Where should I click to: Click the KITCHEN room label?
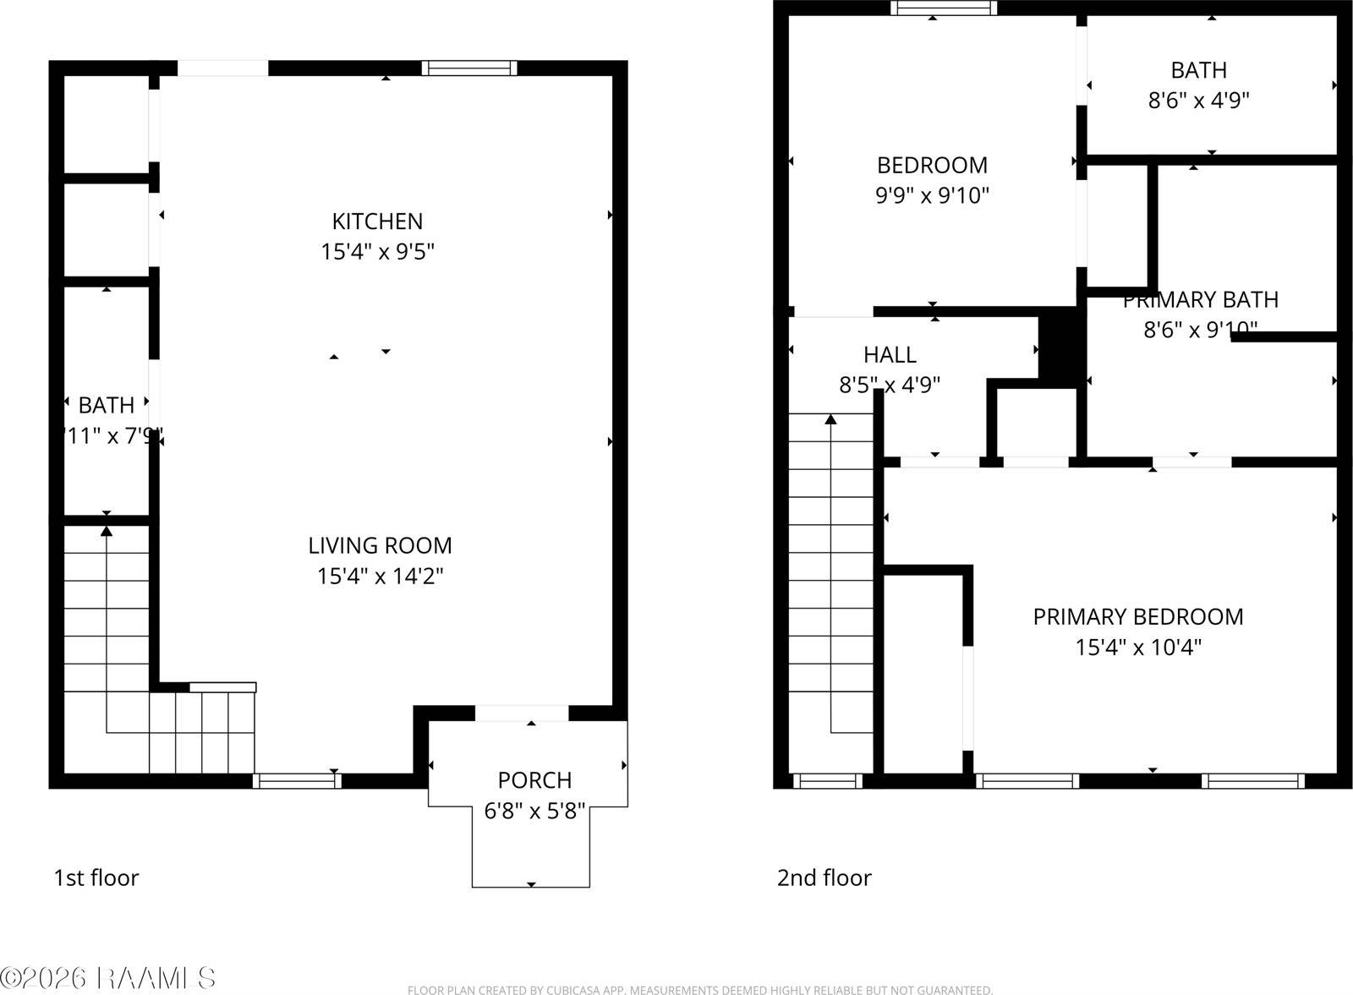pos(377,221)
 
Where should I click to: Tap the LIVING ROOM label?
pos(380,545)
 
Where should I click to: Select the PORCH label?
pos(534,779)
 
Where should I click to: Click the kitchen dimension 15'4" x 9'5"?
pos(377,252)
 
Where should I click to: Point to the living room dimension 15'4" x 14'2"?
pos(380,576)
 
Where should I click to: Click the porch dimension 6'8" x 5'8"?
pos(534,811)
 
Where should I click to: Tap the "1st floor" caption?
pos(96,877)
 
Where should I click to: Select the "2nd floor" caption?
pos(824,877)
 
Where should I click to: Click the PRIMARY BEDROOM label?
pos(1137,616)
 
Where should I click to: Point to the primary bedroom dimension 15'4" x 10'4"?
pos(1137,648)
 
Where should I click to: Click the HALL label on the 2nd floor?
pos(890,354)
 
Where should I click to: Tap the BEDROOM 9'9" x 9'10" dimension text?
pos(932,195)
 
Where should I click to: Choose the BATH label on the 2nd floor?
pos(1198,70)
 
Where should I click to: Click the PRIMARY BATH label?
pos(1200,300)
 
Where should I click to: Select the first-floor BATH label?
pos(107,406)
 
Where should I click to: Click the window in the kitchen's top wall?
pos(469,68)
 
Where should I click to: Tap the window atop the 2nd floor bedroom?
pos(944,8)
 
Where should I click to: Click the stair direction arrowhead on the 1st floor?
pos(107,531)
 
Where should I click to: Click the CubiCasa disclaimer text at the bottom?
pos(699,990)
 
